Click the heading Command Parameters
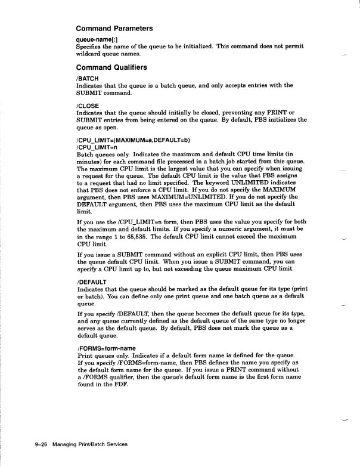(114, 27)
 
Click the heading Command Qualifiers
(112, 67)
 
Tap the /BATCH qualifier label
(88, 78)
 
